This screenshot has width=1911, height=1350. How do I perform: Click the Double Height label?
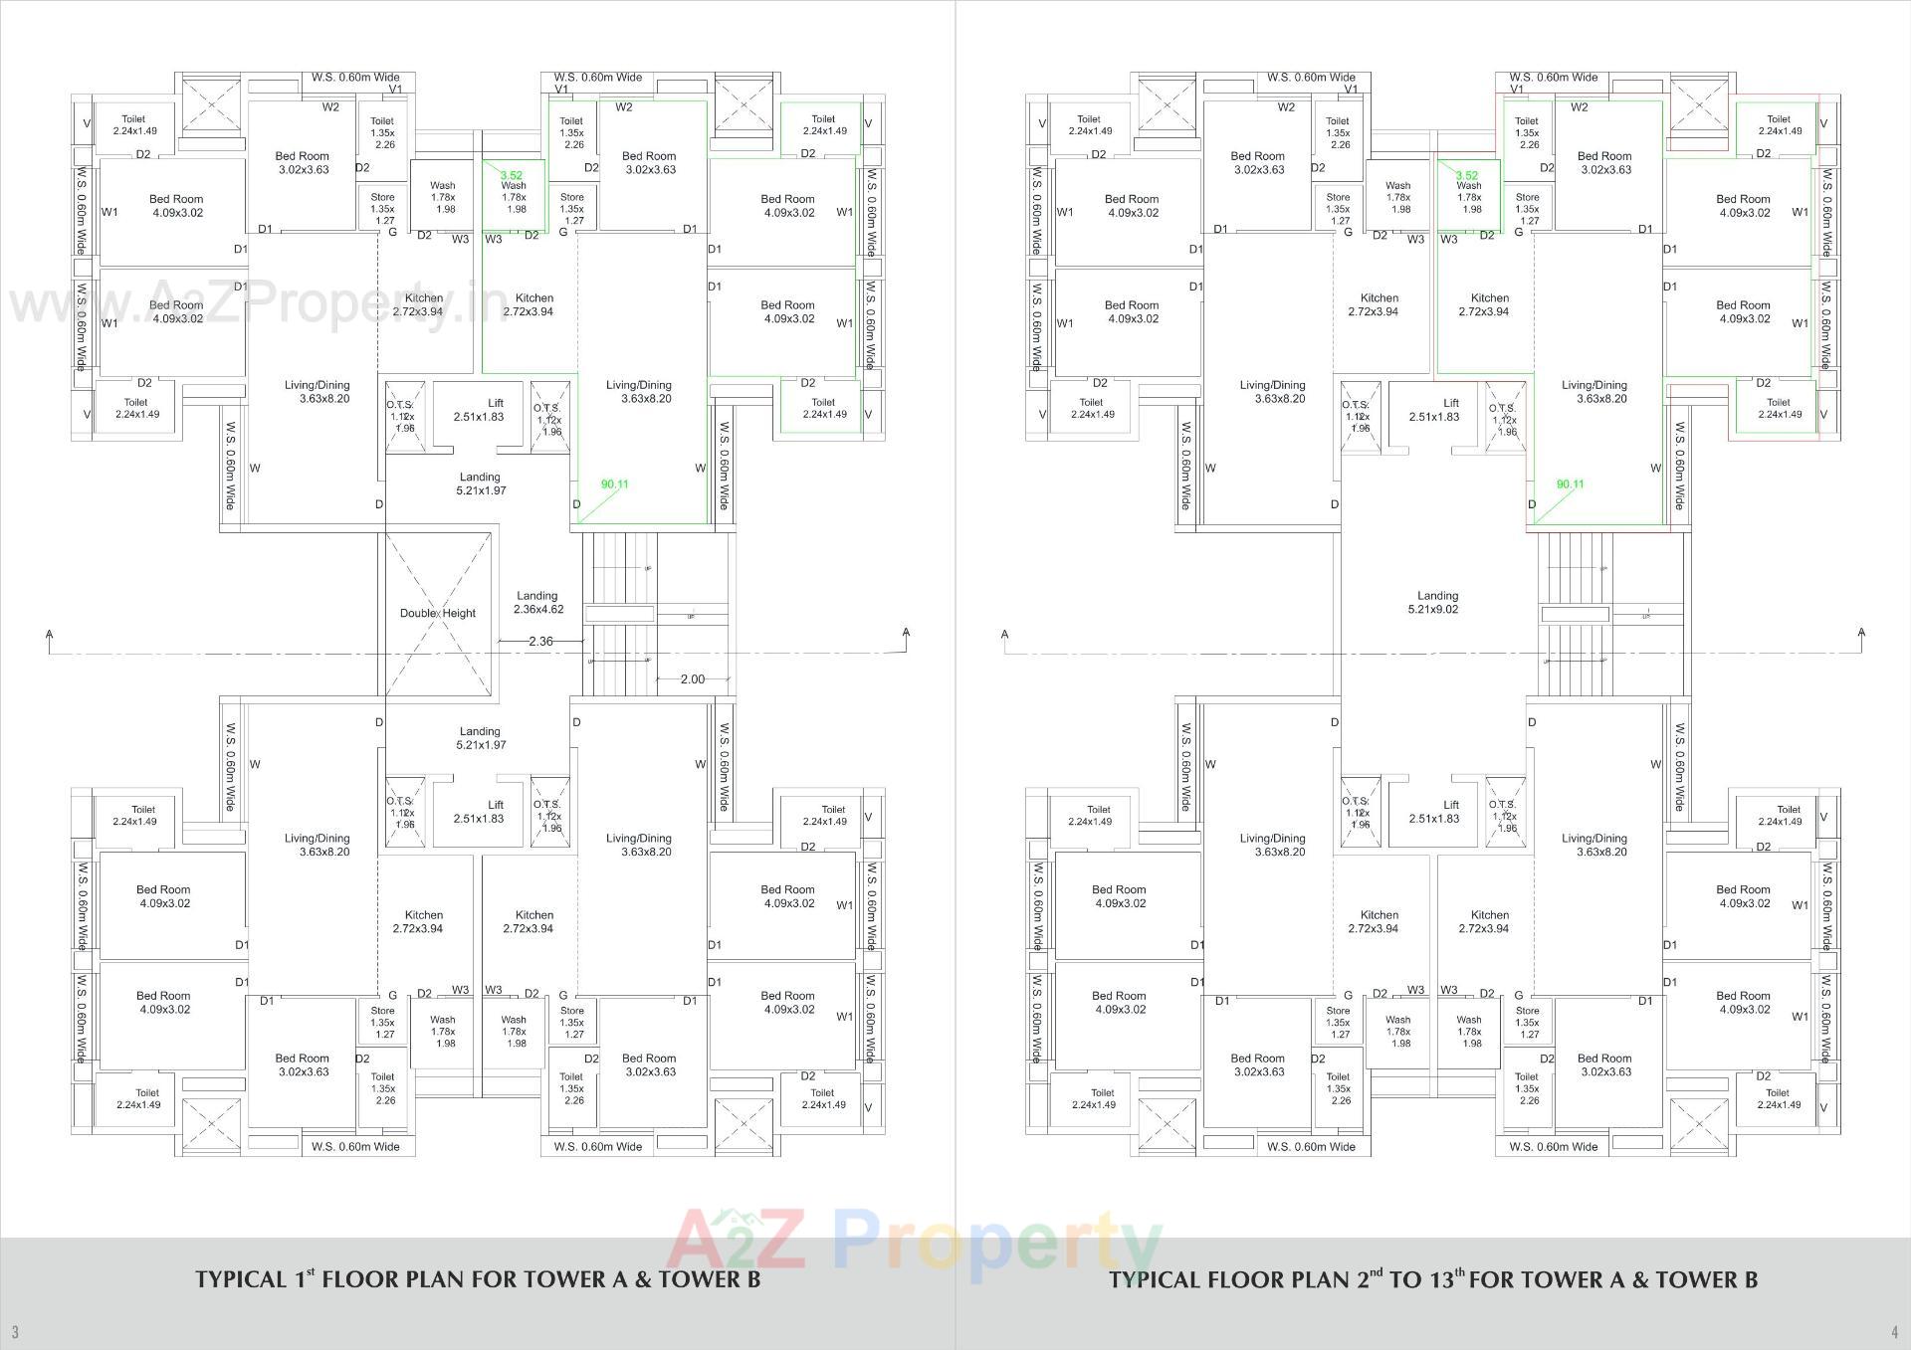(438, 613)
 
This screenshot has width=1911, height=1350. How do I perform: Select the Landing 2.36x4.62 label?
(537, 603)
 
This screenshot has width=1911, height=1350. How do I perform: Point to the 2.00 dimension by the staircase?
(693, 679)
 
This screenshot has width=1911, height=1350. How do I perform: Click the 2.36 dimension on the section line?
(540, 642)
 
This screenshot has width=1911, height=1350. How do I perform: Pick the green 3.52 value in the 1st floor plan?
(511, 175)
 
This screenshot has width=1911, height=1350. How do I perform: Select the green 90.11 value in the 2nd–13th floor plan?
(1570, 484)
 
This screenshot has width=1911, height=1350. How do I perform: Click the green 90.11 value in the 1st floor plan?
(614, 484)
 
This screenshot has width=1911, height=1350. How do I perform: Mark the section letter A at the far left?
(49, 633)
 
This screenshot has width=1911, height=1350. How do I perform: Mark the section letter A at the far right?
(1860, 633)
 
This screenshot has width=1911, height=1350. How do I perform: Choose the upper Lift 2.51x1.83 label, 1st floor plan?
(479, 410)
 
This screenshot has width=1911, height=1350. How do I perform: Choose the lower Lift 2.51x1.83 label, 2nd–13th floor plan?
(1434, 812)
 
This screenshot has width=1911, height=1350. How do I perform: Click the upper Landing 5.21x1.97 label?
(480, 483)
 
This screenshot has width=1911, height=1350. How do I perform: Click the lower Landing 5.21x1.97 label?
(480, 738)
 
